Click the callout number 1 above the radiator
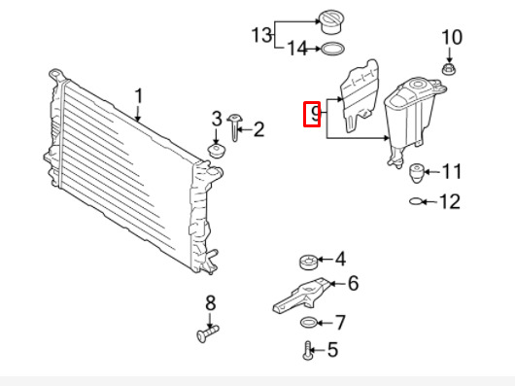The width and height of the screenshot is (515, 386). click(x=139, y=96)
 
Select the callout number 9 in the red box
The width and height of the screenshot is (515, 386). click(x=315, y=114)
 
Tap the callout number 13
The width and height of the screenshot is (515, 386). click(x=261, y=35)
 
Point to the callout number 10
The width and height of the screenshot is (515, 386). click(x=452, y=37)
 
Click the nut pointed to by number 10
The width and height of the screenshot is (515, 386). click(x=448, y=69)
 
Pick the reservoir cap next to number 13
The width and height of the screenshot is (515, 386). click(x=331, y=21)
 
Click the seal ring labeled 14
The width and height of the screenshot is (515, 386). click(x=332, y=49)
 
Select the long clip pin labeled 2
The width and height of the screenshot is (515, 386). click(x=234, y=127)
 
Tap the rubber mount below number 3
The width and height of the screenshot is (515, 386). click(x=217, y=151)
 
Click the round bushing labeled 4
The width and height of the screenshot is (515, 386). click(x=309, y=262)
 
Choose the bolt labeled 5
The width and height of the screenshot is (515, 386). click(x=308, y=351)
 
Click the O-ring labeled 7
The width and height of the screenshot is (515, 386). click(x=309, y=323)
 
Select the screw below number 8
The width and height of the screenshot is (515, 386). click(x=208, y=333)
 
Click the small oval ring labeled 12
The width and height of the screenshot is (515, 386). click(x=417, y=201)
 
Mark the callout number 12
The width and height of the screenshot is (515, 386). click(x=450, y=201)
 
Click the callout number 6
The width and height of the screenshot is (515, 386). click(x=353, y=283)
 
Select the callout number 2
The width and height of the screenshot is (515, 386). click(x=258, y=129)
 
